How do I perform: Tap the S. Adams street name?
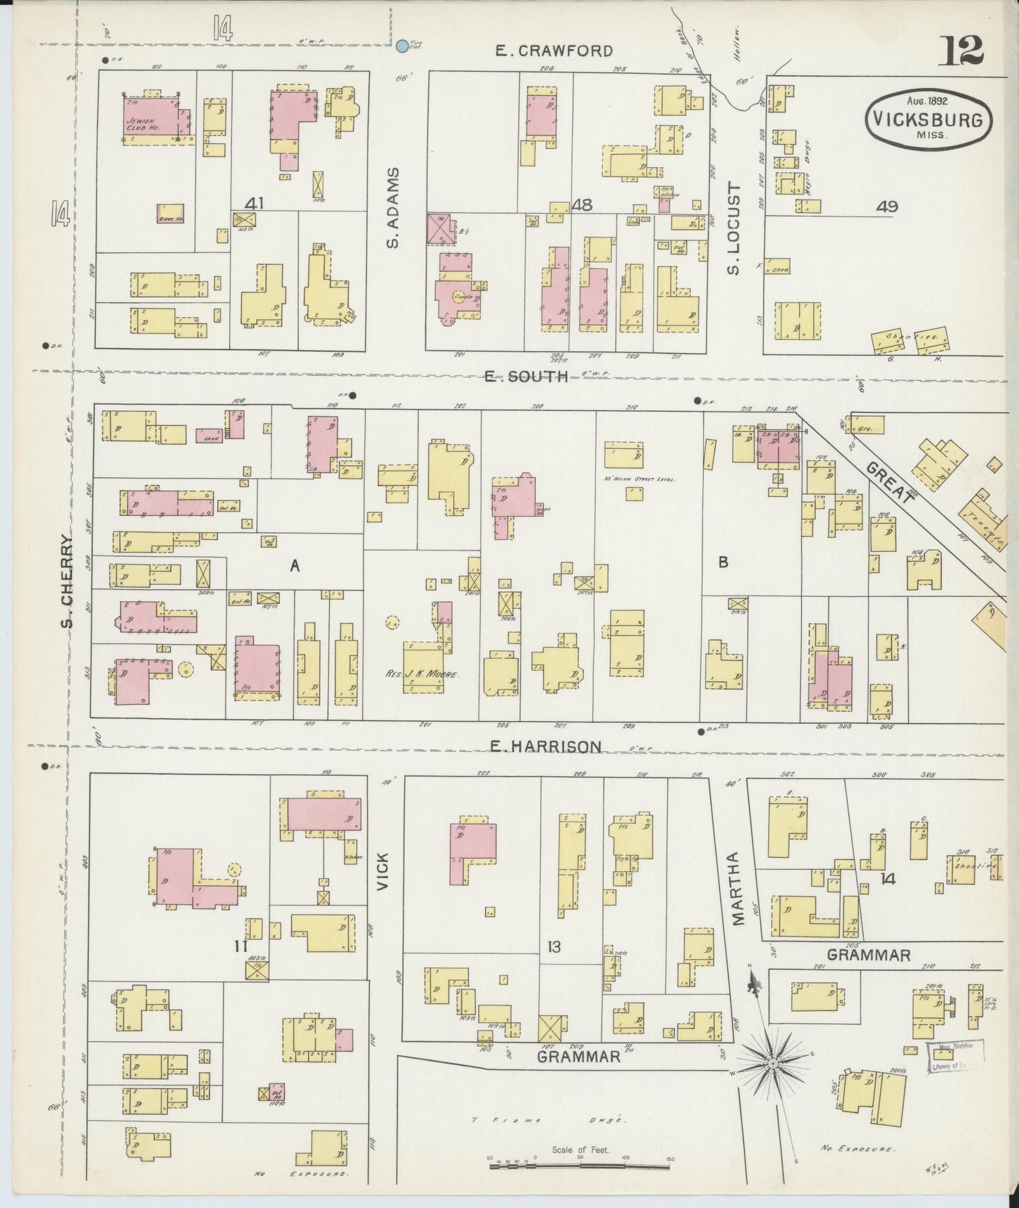click(393, 207)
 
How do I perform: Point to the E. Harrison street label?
click(546, 746)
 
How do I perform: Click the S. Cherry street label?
click(68, 581)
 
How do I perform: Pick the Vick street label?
click(383, 871)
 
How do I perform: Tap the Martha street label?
click(738, 888)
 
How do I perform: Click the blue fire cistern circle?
click(402, 47)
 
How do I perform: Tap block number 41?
click(254, 204)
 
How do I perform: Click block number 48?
click(582, 205)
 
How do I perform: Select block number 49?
click(886, 207)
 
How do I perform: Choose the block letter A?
click(295, 564)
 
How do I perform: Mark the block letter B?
click(723, 562)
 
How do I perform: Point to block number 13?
click(554, 947)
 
